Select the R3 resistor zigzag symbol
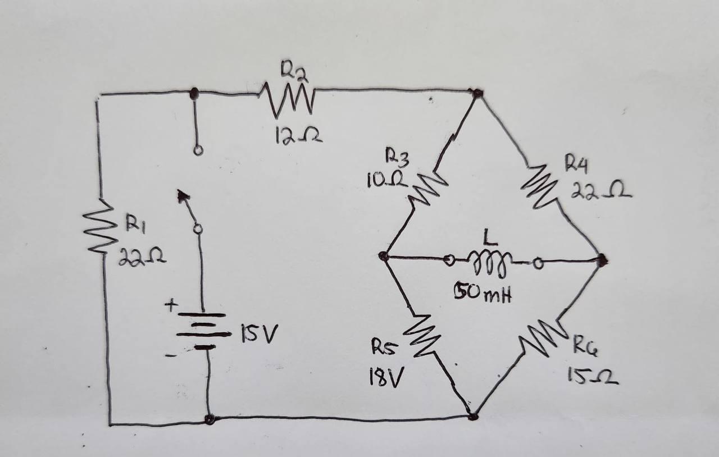pyautogui.click(x=428, y=187)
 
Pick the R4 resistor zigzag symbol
pyautogui.click(x=540, y=185)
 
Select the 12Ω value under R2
pyautogui.click(x=298, y=135)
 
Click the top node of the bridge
pyautogui.click(x=477, y=93)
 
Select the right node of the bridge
pyautogui.click(x=602, y=259)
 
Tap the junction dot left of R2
pyautogui.click(x=194, y=94)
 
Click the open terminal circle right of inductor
pyautogui.click(x=538, y=262)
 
